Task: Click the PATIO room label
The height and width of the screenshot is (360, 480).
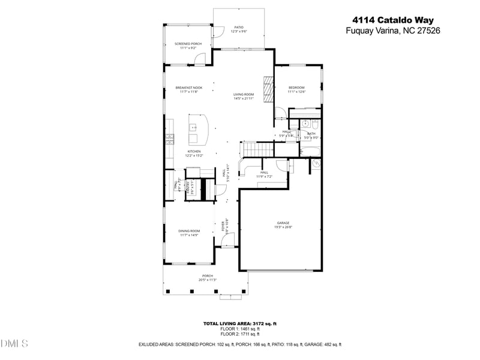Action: (x=239, y=27)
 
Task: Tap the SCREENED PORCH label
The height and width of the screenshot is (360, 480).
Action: (x=188, y=44)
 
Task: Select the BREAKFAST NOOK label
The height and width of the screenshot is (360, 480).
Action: (x=189, y=88)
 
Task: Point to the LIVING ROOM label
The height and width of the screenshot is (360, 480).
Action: (x=244, y=94)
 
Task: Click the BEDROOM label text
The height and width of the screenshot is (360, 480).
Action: (x=296, y=88)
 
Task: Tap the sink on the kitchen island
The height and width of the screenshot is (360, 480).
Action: (x=193, y=127)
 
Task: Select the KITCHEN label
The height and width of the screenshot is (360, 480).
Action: (x=194, y=151)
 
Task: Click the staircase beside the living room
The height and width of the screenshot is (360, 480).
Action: (x=253, y=148)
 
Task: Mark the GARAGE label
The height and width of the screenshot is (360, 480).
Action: (x=283, y=223)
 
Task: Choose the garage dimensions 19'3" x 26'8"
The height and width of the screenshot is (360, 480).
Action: (x=283, y=227)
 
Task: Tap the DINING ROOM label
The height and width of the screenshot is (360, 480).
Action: (x=189, y=231)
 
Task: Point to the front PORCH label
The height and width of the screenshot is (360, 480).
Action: (x=207, y=276)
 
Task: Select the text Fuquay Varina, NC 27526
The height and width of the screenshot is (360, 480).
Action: (x=393, y=31)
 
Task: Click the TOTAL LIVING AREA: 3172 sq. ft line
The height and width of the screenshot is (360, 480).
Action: (x=239, y=323)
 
